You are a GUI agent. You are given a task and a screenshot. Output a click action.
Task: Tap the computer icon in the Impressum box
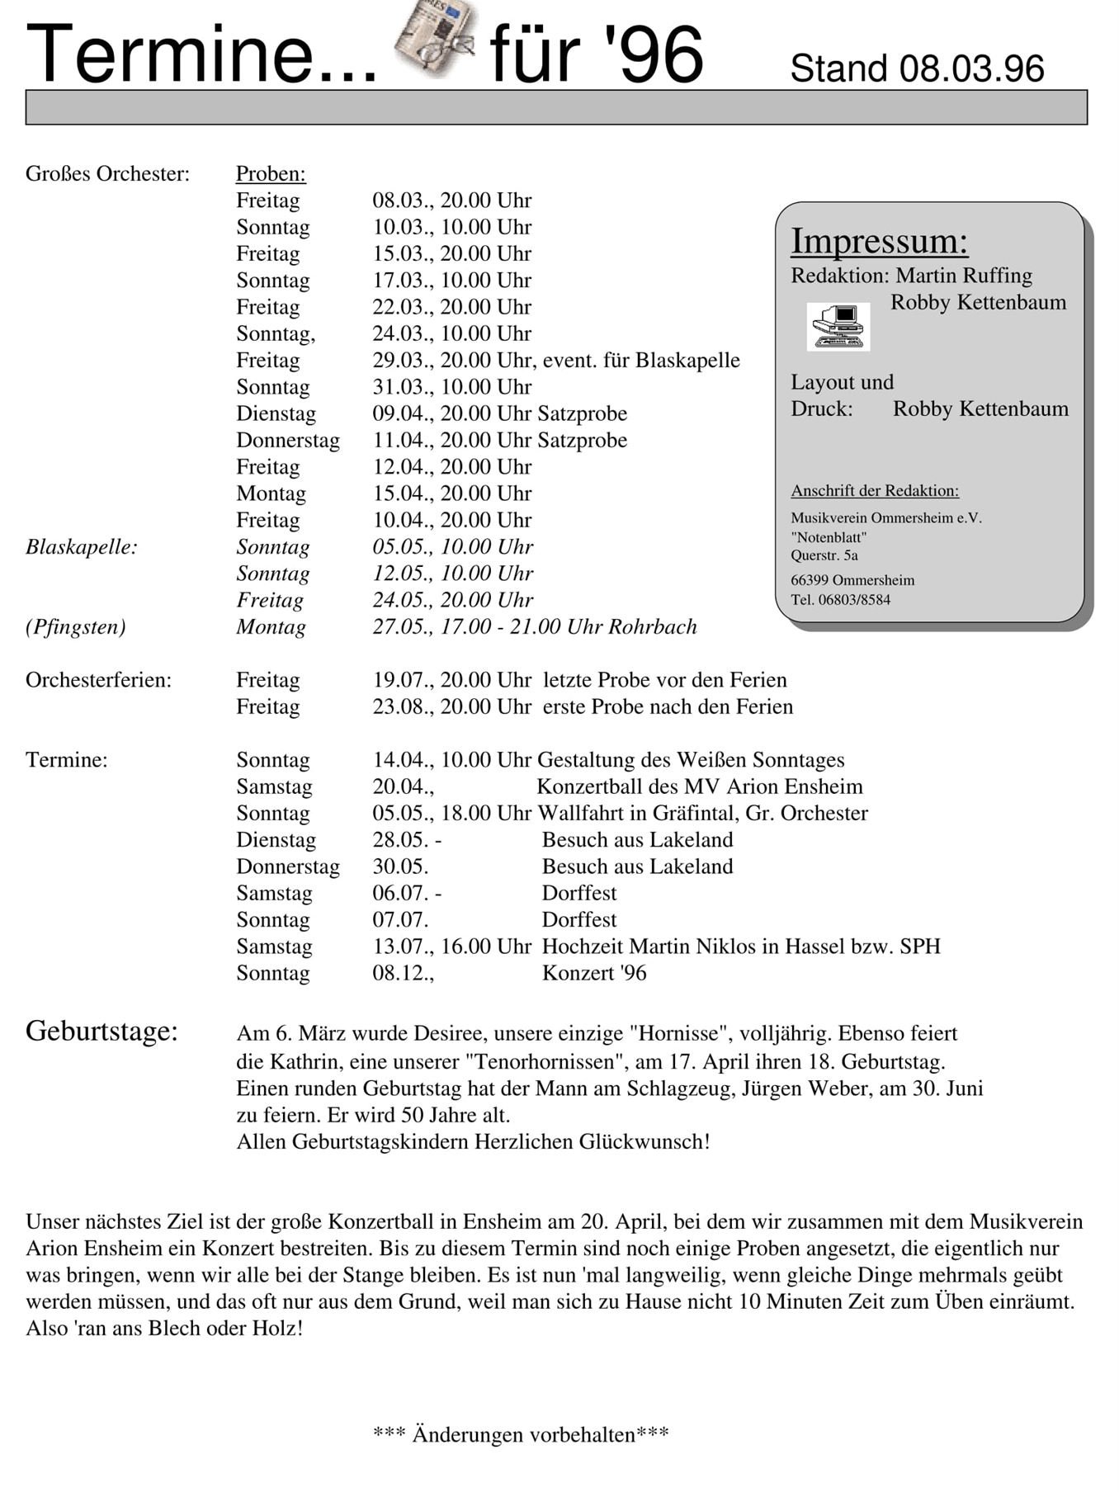[x=838, y=326]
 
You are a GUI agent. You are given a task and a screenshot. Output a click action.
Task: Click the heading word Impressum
[x=879, y=241]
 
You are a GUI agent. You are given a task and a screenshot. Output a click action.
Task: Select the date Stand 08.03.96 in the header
[x=917, y=68]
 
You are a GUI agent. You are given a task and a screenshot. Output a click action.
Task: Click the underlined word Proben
[x=271, y=174]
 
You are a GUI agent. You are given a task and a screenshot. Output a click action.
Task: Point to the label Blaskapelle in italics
[x=81, y=547]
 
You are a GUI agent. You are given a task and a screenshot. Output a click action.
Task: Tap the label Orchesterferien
[x=98, y=681]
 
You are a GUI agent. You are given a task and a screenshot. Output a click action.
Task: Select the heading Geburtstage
[x=102, y=1032]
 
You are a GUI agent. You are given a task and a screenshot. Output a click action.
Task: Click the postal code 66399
[x=808, y=580]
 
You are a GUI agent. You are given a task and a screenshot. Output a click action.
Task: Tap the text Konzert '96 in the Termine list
[x=593, y=974]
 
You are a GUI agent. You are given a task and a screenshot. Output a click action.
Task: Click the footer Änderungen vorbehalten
[x=521, y=1435]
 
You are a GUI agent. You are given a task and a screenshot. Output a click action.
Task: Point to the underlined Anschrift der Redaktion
[x=875, y=491]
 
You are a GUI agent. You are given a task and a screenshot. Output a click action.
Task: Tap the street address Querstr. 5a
[x=824, y=555]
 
